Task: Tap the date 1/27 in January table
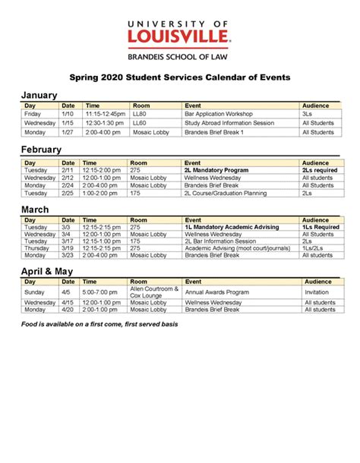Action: (68, 132)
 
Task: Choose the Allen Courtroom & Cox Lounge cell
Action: (155, 291)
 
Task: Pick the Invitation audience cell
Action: (317, 291)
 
